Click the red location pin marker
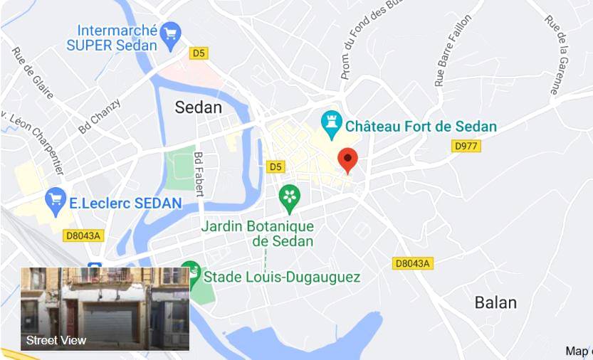[347, 160]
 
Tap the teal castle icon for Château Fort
[331, 125]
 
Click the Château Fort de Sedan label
[421, 127]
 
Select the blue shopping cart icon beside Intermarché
[170, 33]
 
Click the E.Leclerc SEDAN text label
[125, 203]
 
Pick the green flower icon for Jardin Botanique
[289, 198]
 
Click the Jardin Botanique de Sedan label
[258, 233]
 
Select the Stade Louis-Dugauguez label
[282, 277]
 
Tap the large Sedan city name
[199, 107]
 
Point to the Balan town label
[495, 302]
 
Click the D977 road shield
[466, 146]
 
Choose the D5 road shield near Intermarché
[199, 53]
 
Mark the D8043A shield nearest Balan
[412, 263]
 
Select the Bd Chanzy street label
[99, 116]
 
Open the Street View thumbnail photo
[105, 308]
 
